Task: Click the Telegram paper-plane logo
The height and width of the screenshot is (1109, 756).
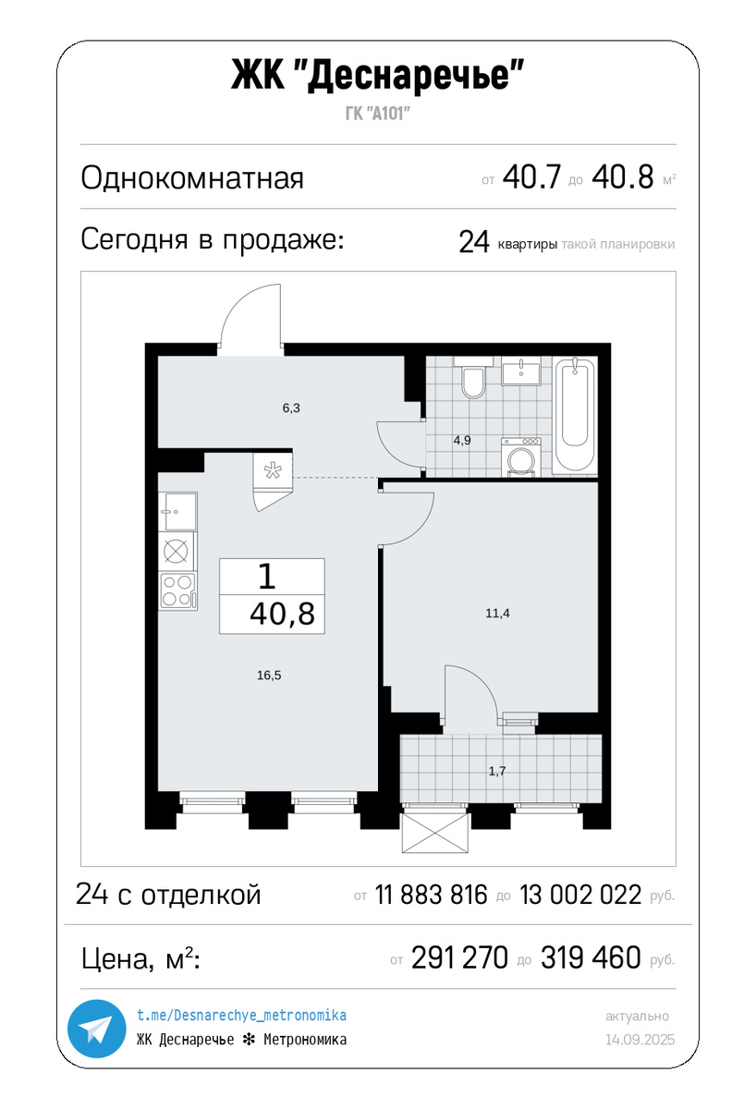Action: (95, 1029)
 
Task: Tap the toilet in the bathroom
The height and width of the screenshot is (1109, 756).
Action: (473, 381)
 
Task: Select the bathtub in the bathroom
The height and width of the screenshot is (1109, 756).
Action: (576, 416)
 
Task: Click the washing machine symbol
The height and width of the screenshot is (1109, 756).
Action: (522, 457)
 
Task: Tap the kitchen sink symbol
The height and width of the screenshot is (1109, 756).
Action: (177, 508)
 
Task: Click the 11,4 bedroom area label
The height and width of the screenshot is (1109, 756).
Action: (498, 612)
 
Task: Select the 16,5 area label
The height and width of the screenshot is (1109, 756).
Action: (269, 676)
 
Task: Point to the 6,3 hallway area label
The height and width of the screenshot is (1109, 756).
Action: (291, 408)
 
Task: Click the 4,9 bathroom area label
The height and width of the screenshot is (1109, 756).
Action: (462, 440)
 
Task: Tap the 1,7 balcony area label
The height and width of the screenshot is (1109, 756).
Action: (497, 770)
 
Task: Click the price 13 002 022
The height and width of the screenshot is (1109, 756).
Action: (580, 895)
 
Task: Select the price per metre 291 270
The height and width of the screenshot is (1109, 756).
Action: (459, 958)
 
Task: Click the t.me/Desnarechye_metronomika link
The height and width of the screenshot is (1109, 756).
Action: (241, 1016)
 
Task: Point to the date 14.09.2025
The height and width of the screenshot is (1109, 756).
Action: (640, 1040)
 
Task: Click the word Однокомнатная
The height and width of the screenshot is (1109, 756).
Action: (192, 177)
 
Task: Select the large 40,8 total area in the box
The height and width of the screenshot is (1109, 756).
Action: (282, 613)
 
